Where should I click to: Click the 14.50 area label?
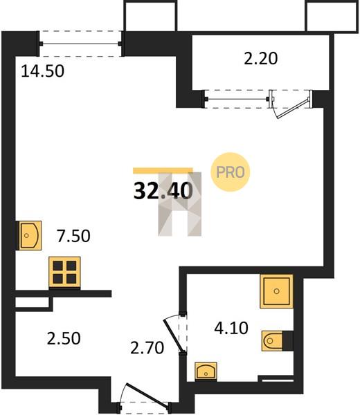point(42,71)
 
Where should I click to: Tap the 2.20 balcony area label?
point(261,59)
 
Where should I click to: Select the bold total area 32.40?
point(163,191)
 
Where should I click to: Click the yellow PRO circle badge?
point(231,172)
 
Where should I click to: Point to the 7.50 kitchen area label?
point(73,236)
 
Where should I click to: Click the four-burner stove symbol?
point(64,272)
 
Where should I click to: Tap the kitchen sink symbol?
point(29,235)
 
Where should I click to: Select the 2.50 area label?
point(64,338)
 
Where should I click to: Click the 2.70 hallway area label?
point(147,348)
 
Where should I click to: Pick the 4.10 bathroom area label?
point(231,328)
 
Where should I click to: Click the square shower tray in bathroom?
point(276,291)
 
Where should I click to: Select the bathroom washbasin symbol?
point(206,371)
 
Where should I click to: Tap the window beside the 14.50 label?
point(80,44)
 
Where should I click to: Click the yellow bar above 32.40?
point(163,171)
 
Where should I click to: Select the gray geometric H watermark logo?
point(179,204)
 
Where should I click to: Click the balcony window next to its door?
point(237,99)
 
